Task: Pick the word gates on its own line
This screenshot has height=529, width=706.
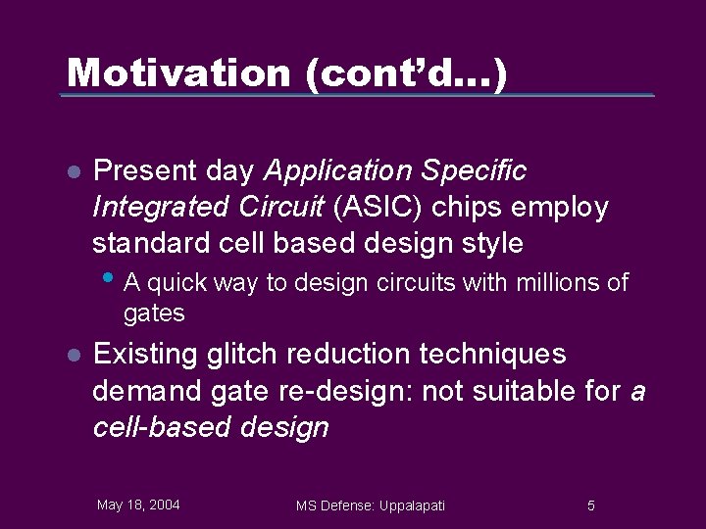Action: coord(154,313)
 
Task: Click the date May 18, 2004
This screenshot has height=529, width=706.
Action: coord(138,505)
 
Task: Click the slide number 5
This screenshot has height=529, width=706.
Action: coord(590,505)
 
